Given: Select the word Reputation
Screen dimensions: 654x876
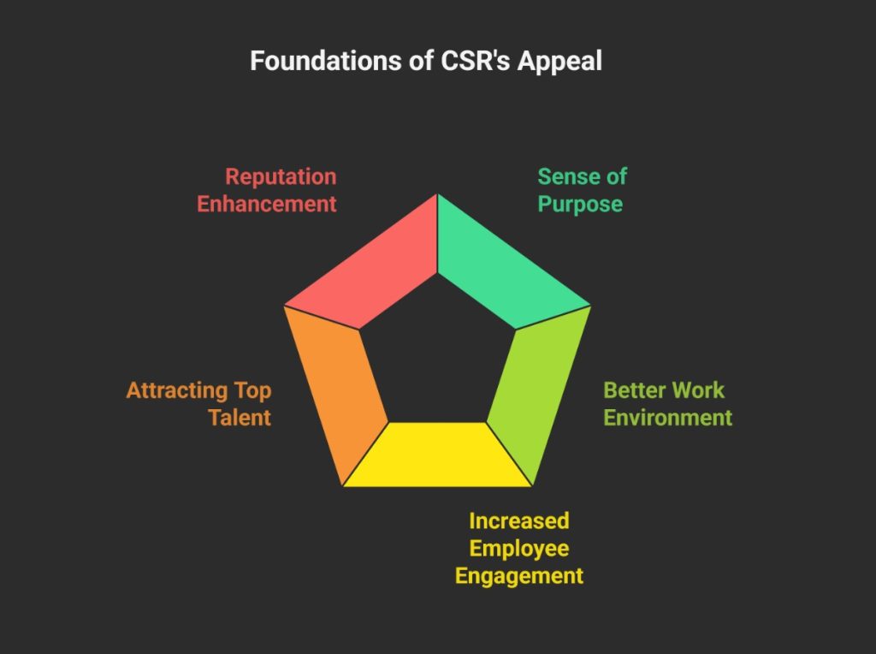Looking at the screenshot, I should tap(281, 177).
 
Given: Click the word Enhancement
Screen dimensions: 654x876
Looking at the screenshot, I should tap(267, 205).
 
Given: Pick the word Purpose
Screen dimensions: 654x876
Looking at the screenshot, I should tap(579, 205).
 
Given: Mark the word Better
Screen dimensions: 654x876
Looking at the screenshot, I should tap(633, 390).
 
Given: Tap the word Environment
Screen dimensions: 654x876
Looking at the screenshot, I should tap(667, 418).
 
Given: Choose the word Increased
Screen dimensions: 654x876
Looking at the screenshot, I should tap(518, 520).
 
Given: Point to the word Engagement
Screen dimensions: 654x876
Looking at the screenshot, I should tap(518, 575).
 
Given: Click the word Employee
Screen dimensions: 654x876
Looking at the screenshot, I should tap(518, 548).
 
